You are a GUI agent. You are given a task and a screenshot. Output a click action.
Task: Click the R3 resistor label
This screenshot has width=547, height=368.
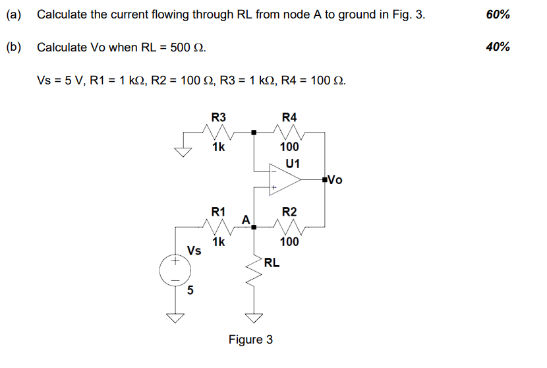click(x=218, y=117)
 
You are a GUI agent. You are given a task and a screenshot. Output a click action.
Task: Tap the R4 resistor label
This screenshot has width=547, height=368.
click(x=289, y=117)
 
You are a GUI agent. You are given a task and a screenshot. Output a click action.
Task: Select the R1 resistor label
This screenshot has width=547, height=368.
click(x=218, y=212)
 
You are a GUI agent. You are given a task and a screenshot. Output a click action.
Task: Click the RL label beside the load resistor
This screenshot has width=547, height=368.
click(x=272, y=263)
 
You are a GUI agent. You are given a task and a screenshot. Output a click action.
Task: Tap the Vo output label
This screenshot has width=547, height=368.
click(x=335, y=179)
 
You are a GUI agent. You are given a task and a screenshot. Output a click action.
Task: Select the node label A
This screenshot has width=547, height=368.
click(x=245, y=218)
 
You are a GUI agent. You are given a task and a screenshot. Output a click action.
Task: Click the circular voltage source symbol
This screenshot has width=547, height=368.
click(x=175, y=270)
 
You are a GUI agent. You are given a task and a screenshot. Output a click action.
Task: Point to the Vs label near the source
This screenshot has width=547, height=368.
click(x=194, y=251)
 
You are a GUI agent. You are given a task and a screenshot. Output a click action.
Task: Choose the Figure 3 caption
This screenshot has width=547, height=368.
click(x=250, y=340)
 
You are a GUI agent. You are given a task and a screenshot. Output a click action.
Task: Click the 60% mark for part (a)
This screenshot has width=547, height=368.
click(x=497, y=14)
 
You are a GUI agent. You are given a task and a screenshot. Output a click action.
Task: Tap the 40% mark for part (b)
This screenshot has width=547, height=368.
click(x=497, y=47)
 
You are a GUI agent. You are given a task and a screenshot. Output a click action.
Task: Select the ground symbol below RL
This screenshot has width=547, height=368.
click(x=254, y=318)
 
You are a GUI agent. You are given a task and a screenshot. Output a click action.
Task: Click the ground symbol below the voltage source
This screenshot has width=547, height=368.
click(x=175, y=318)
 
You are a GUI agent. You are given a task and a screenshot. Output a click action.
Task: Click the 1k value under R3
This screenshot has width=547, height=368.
click(x=218, y=147)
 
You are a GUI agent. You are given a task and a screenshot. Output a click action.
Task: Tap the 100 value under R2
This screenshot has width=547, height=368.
click(x=289, y=241)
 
